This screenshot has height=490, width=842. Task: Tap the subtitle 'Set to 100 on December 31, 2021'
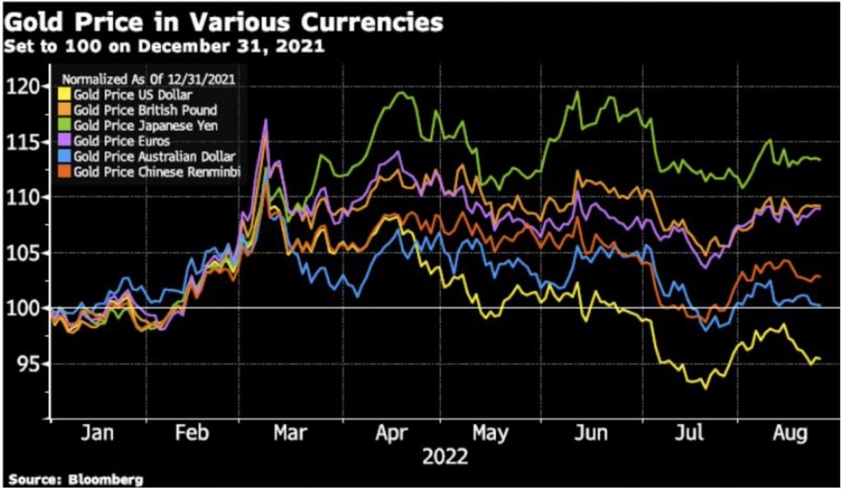coord(164,47)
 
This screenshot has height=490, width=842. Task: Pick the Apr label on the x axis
coord(390,433)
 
